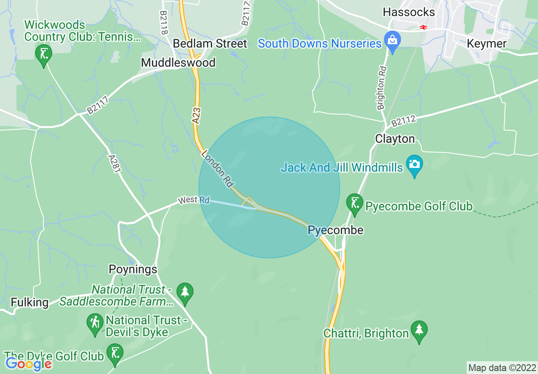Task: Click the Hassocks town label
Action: pos(409,12)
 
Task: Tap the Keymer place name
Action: pos(486,44)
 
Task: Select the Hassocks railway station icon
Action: pos(423,27)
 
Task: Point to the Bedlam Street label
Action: pos(210,44)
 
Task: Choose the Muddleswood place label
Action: pos(178,63)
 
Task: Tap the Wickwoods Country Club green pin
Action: pos(43,54)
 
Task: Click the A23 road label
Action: pos(196,116)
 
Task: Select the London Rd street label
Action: pos(218,169)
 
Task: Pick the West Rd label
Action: pos(194,200)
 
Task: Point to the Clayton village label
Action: pos(395,139)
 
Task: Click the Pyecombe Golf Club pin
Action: pos(355,204)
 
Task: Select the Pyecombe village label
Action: pos(336,230)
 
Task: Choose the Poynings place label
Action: pos(133,269)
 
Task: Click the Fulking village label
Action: pos(29,303)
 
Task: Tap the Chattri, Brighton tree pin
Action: pos(419,331)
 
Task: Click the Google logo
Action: pos(29,364)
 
